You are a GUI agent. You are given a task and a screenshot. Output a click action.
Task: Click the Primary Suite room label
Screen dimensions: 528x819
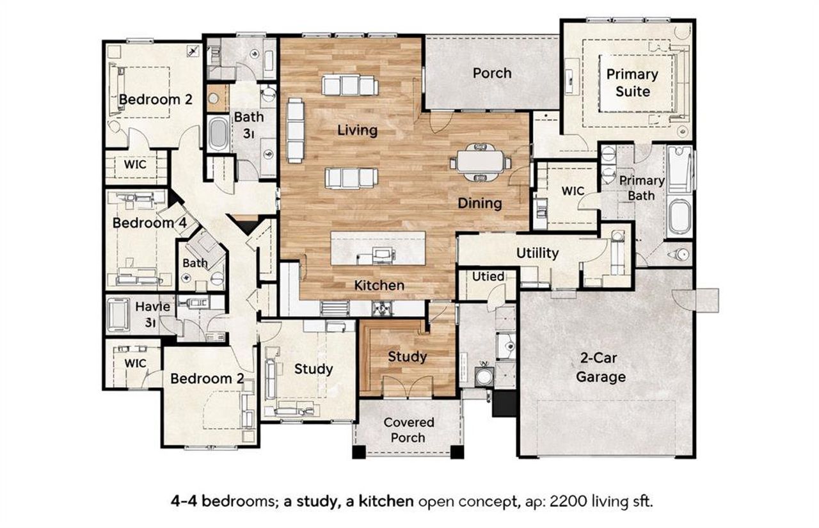pos(632,83)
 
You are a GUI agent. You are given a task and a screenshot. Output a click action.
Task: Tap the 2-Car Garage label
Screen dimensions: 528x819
pos(600,369)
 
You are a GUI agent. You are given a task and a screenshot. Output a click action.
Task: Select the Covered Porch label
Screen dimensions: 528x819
pos(408,430)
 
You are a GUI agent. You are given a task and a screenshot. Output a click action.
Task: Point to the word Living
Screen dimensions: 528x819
pos(357,130)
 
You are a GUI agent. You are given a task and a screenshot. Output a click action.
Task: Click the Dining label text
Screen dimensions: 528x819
pos(479,204)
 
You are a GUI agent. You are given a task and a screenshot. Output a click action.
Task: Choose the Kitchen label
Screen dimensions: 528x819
pos(379,285)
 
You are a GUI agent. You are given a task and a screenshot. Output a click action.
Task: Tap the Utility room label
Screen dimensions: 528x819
pos(537,253)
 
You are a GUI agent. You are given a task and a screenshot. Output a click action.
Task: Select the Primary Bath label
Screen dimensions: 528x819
pos(641,187)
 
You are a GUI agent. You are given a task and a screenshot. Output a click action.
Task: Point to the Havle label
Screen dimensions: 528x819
pos(152,307)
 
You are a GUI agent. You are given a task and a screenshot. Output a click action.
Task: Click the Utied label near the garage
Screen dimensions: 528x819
pos(488,276)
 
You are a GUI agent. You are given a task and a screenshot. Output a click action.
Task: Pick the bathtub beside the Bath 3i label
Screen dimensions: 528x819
pos(218,134)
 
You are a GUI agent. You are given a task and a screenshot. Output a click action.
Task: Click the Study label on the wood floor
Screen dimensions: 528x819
pos(407,356)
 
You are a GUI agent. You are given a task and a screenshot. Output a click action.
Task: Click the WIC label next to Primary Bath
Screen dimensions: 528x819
pos(573,191)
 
